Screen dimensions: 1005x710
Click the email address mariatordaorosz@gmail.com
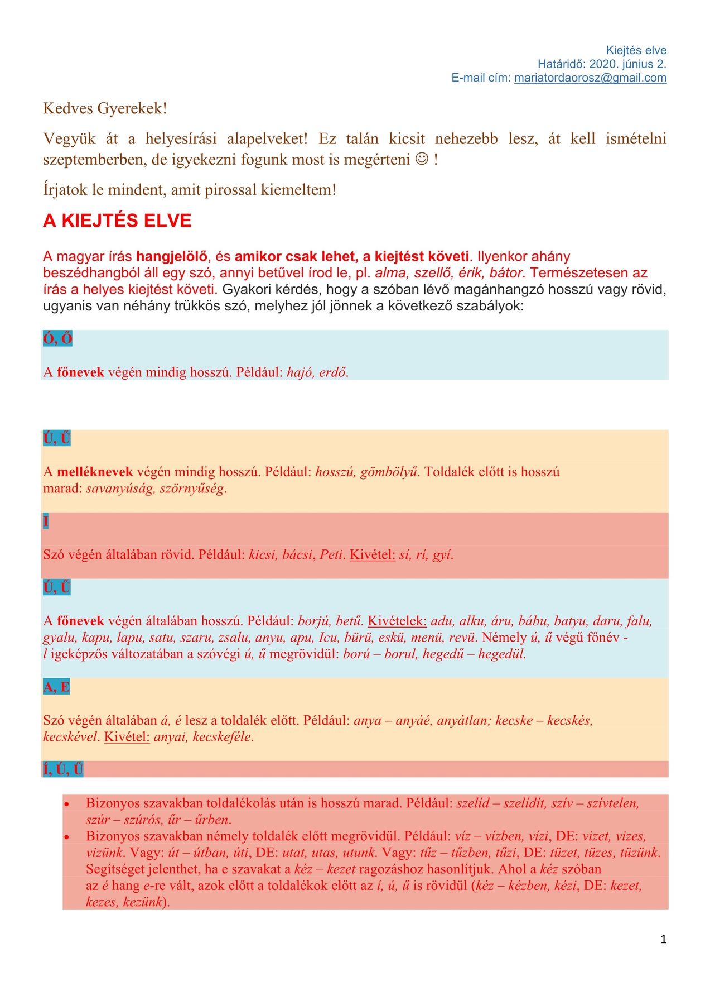click(x=590, y=78)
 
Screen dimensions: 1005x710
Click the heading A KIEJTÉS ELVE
click(x=117, y=221)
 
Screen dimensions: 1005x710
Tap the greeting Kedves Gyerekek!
click(x=105, y=108)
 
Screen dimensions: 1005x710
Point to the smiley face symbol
click(x=422, y=160)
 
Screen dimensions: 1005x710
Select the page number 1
click(x=663, y=939)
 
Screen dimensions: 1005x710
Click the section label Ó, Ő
click(x=57, y=339)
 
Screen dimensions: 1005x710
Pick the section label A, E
click(x=56, y=687)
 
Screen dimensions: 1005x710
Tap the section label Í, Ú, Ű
click(x=63, y=769)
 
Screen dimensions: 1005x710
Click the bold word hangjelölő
click(x=172, y=257)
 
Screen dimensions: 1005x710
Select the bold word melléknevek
click(x=95, y=472)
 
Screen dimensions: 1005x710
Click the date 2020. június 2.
click(x=627, y=64)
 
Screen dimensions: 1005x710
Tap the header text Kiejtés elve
click(x=636, y=51)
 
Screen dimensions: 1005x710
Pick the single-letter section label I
click(x=46, y=521)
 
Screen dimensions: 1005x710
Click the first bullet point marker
click(x=67, y=805)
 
